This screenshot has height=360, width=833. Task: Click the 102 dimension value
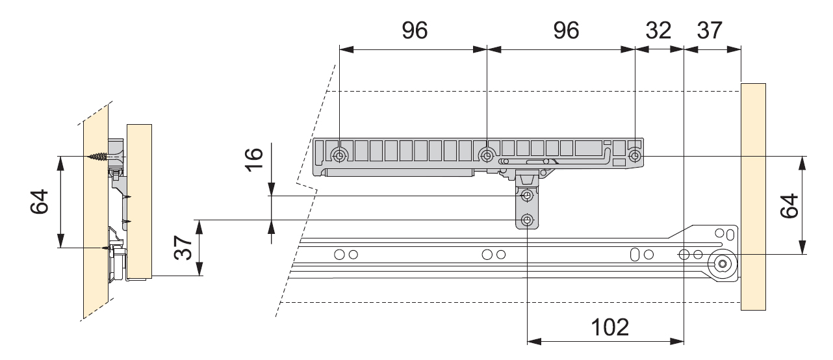click(609, 326)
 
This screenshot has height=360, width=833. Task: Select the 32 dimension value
click(659, 31)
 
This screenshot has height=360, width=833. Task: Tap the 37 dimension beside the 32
click(709, 31)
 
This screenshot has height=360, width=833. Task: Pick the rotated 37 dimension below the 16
click(184, 248)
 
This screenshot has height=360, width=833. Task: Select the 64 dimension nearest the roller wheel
click(788, 207)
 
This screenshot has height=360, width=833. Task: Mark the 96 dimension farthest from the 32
click(415, 31)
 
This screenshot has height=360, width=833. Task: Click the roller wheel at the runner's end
click(722, 264)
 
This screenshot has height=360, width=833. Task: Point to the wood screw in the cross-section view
click(97, 157)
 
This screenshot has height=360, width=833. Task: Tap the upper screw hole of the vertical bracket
click(528, 196)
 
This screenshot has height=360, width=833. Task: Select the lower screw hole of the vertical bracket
click(528, 220)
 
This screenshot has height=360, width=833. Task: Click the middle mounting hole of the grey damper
click(487, 155)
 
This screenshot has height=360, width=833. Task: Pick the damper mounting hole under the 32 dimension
click(635, 156)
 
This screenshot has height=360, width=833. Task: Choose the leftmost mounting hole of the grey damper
click(339, 155)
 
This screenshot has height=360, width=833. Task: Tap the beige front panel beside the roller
click(753, 195)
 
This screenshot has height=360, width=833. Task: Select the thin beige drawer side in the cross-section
click(139, 201)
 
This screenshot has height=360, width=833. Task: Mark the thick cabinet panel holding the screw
click(95, 214)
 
